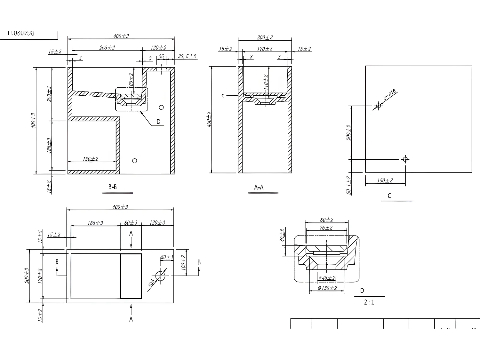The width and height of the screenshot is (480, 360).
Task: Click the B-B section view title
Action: (x=112, y=187)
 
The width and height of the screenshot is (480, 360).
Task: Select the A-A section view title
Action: (x=259, y=187)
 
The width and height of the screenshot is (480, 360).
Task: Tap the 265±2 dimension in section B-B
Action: (x=107, y=48)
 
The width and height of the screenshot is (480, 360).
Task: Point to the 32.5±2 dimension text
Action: (x=187, y=56)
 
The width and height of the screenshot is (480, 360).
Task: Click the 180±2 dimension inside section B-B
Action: (x=91, y=159)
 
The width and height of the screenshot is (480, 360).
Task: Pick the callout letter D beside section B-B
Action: (x=158, y=122)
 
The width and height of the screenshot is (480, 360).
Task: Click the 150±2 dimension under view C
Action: (x=385, y=180)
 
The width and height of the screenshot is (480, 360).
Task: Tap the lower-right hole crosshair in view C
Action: (x=405, y=159)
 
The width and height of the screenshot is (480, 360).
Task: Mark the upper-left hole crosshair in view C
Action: (x=379, y=106)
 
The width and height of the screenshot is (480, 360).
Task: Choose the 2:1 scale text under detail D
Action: (x=369, y=302)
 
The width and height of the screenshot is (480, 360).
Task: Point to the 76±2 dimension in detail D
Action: (x=326, y=228)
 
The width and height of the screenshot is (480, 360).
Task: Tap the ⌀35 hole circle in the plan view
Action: (x=160, y=276)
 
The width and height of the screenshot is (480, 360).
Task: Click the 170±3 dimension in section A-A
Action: (x=265, y=49)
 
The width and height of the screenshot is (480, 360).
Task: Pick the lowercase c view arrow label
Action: (x=223, y=95)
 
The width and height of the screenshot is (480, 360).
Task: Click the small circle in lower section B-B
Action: (x=135, y=161)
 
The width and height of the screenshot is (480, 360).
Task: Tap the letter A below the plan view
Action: (x=131, y=319)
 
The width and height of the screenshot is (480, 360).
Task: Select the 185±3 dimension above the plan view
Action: (x=95, y=223)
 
